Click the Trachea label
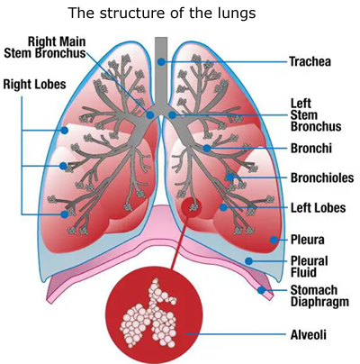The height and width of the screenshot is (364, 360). coord(310,61)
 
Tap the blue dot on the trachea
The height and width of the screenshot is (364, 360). coord(161,62)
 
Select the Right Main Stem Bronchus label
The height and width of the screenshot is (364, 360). coord(45,47)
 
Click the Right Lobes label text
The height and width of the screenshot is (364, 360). coord(34,84)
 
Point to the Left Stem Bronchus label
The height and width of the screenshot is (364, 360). coord(316,115)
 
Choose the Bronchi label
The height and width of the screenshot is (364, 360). coord(311,149)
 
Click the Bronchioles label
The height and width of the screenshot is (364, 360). coord(322,177)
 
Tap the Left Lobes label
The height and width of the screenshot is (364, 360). coord(318,208)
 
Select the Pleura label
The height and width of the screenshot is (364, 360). coord(308,240)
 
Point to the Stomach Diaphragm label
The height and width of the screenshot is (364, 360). coord(319,296)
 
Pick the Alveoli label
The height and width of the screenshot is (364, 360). coord(309,334)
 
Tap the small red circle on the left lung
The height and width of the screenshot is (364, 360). coord(191,207)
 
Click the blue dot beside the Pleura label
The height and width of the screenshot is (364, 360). coord(274,240)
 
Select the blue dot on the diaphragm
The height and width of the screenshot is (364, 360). coord(261,290)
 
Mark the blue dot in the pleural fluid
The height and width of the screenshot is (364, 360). coord(248,260)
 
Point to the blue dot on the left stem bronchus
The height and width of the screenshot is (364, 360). coord(172,114)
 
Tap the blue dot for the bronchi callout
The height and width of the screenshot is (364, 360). coord(207,148)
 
